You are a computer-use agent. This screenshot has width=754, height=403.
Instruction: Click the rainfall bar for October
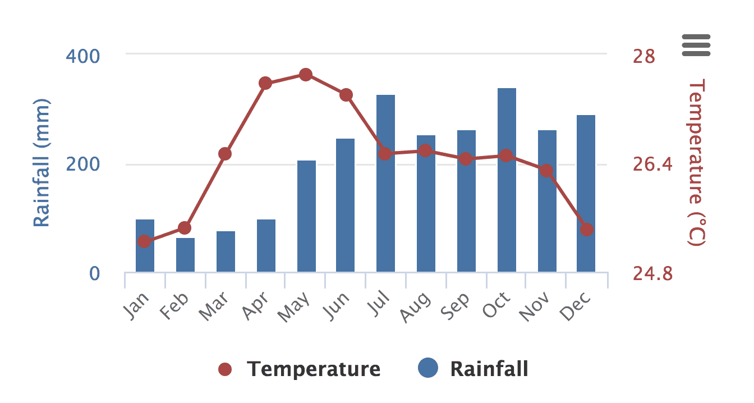(x=507, y=180)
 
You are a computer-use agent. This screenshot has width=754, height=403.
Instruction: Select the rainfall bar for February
(x=185, y=255)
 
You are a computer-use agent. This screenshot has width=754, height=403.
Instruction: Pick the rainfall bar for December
(x=586, y=193)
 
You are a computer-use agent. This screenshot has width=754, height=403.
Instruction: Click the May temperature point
(x=306, y=75)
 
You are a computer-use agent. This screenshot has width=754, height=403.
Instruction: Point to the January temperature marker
(x=144, y=241)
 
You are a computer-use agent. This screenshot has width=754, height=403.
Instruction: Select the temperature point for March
(x=225, y=154)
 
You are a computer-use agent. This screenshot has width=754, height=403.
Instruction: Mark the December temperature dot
(x=587, y=230)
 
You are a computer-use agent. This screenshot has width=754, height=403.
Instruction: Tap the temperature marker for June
(x=346, y=95)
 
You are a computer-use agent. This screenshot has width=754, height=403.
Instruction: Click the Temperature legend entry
(x=300, y=369)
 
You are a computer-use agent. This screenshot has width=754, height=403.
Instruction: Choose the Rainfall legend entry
(x=474, y=369)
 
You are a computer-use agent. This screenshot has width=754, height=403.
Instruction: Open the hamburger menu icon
(x=696, y=45)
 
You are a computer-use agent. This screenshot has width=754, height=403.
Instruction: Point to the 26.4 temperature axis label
(x=652, y=164)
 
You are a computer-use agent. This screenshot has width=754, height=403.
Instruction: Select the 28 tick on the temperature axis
(x=644, y=56)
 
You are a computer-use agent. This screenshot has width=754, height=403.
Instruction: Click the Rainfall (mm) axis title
(x=42, y=163)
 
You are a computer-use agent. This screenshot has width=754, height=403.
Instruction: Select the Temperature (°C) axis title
(x=696, y=163)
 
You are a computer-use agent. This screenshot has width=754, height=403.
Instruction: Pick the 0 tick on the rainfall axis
(x=94, y=273)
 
